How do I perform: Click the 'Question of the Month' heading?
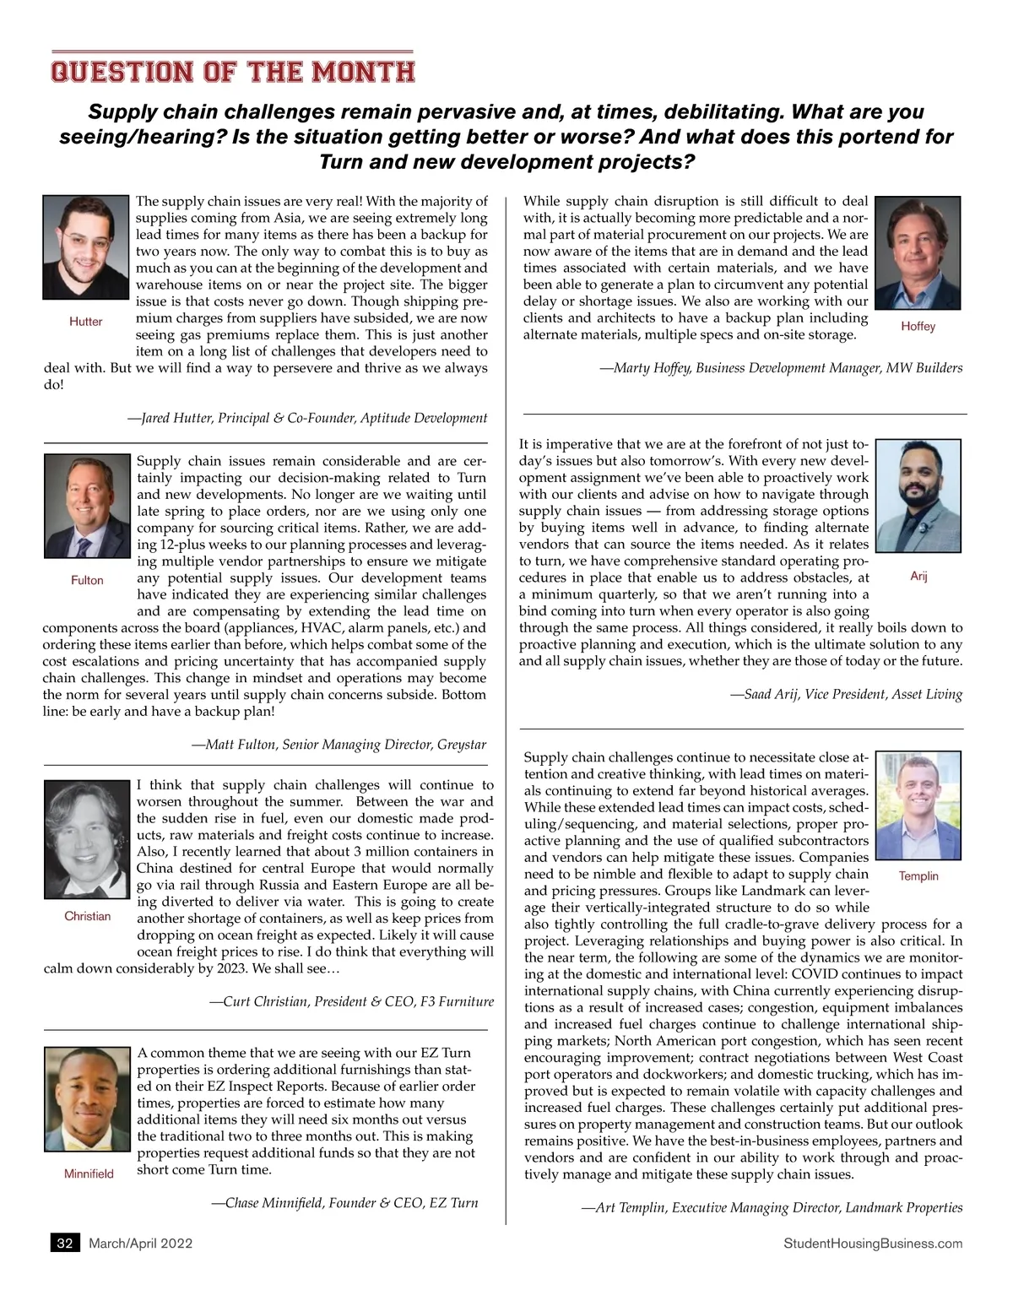(232, 72)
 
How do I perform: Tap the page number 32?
(65, 1243)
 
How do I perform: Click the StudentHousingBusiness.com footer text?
(872, 1243)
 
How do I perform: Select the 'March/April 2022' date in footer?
(141, 1243)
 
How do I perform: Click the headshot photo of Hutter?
(85, 247)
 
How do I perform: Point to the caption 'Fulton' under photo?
(87, 580)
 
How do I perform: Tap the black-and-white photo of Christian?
(87, 840)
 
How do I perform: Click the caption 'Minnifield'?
(89, 1174)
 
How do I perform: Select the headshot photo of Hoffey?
(918, 253)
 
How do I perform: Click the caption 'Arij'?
(918, 576)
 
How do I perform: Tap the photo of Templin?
(918, 805)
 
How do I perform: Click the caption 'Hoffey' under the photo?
(918, 326)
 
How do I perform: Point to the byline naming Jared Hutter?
(307, 418)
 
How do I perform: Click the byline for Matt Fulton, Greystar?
(339, 745)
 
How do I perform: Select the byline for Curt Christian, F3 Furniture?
(352, 1001)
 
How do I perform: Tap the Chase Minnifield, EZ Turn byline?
(345, 1202)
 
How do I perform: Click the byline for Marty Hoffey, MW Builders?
(782, 367)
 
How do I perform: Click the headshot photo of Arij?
(918, 496)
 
